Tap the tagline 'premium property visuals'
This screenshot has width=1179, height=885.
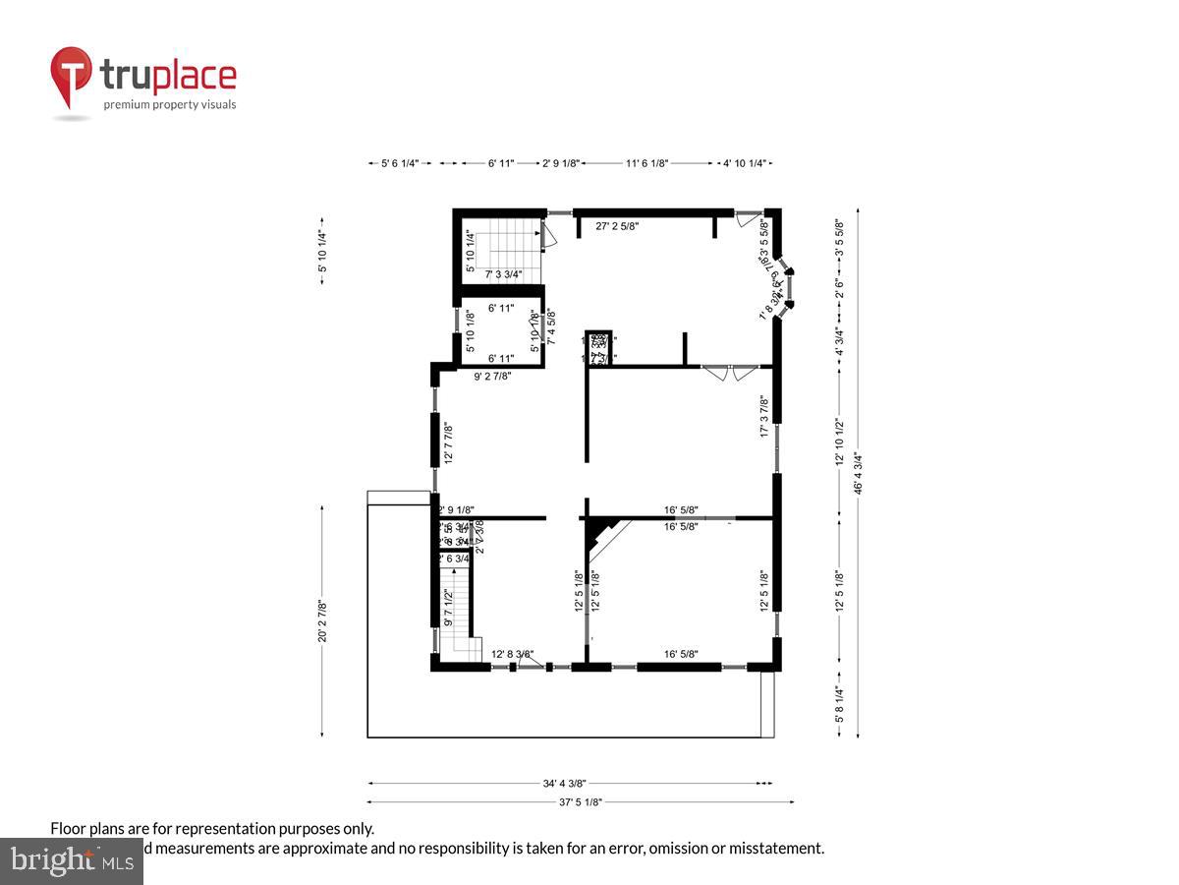[170, 104]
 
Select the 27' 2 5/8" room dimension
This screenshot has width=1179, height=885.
[618, 225]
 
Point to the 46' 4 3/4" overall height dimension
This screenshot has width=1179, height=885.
[857, 473]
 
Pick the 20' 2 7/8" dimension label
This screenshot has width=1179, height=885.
[322, 620]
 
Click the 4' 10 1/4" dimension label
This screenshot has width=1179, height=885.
[744, 163]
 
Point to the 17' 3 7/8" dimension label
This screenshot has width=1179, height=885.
[764, 417]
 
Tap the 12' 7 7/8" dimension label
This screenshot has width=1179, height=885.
[447, 443]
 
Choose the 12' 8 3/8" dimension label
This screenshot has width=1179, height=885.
[512, 653]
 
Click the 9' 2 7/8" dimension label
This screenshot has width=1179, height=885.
[492, 375]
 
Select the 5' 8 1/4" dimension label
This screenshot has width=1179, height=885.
[839, 704]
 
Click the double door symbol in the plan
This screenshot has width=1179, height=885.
[731, 372]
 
